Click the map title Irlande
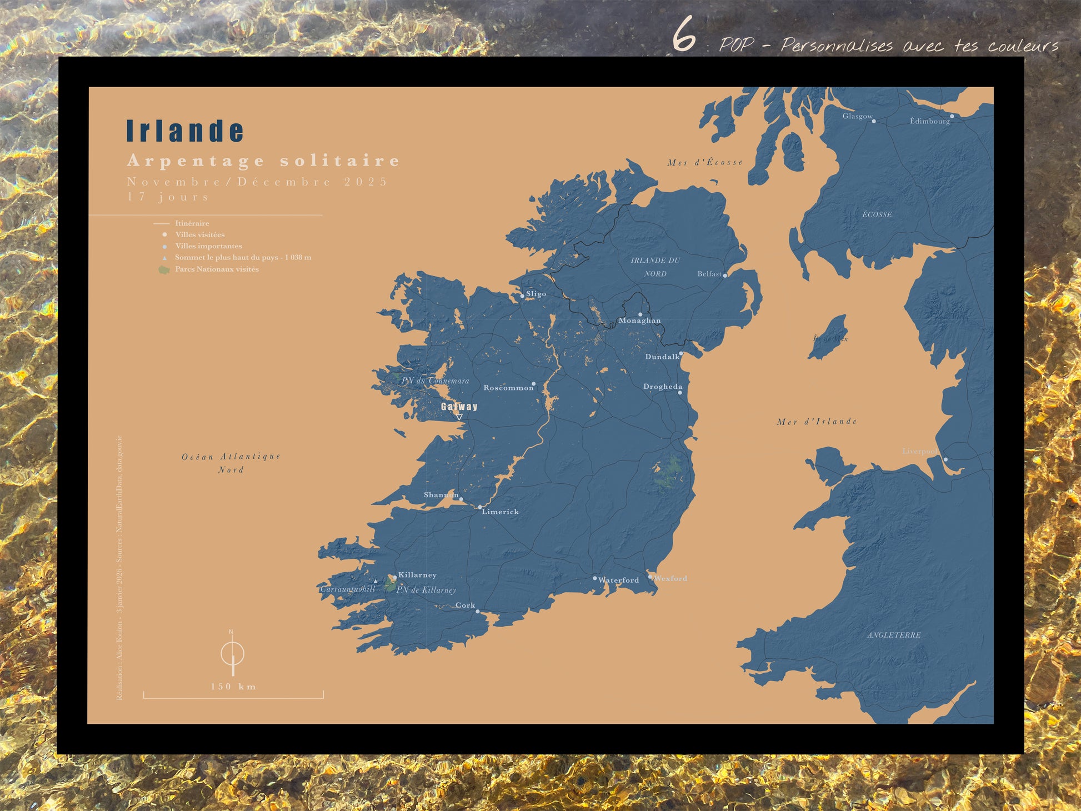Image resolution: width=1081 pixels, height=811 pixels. [185, 131]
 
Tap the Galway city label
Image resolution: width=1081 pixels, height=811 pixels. [459, 407]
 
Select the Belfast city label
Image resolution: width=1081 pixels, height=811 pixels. [709, 274]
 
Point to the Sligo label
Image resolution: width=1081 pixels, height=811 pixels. [536, 294]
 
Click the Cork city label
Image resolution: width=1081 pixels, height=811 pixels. [465, 605]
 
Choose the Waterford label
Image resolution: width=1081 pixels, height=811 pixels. [619, 580]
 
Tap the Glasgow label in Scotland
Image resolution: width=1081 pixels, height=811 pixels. [857, 116]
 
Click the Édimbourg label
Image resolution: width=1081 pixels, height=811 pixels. [929, 121]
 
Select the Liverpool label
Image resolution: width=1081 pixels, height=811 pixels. [919, 451]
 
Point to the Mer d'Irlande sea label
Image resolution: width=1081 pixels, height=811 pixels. [817, 422]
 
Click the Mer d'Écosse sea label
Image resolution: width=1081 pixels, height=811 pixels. [705, 162]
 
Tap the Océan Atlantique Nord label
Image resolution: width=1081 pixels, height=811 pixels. [231, 463]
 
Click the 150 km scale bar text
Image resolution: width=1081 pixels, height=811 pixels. [233, 687]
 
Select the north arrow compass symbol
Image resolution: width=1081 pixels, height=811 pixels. [232, 653]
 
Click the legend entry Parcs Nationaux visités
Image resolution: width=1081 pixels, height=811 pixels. [217, 269]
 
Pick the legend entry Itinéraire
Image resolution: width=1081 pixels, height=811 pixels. [192, 223]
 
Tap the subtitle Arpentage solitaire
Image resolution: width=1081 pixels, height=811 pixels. [263, 161]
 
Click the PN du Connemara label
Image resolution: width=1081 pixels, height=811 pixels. [435, 381]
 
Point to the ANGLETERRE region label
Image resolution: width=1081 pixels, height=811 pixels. [894, 635]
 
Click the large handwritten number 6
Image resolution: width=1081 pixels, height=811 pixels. [684, 34]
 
